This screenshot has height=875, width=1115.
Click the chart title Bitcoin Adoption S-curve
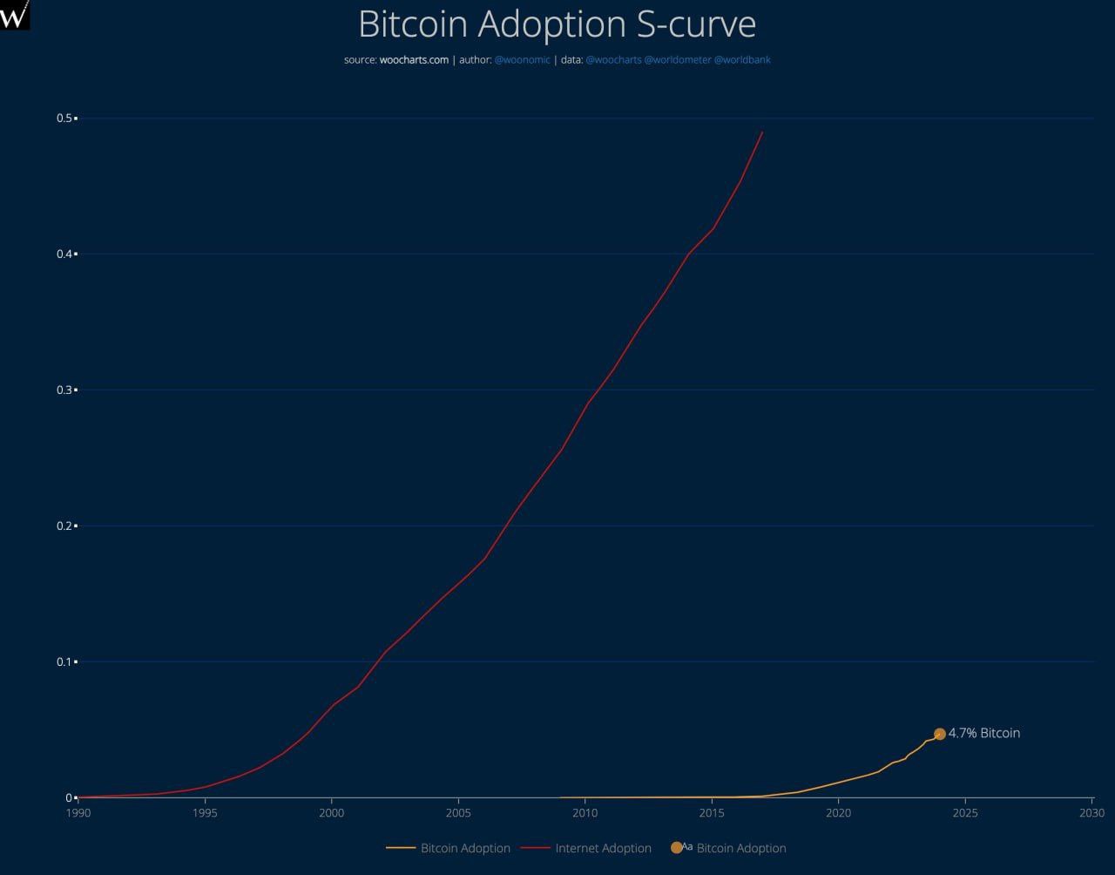click(557, 24)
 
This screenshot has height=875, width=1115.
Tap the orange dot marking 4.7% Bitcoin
click(940, 734)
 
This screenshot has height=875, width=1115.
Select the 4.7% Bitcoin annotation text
click(984, 733)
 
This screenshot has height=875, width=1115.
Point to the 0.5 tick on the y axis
click(64, 118)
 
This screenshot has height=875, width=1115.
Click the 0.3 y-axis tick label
click(64, 390)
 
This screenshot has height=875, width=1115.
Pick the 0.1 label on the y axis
click(64, 661)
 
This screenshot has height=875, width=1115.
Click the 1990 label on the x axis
click(78, 813)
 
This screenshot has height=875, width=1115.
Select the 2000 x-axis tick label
click(332, 813)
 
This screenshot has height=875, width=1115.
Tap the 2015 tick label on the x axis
click(712, 813)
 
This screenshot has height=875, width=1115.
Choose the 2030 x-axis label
click(1091, 813)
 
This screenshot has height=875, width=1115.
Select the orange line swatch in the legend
click(401, 848)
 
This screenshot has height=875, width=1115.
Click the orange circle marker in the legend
click(676, 847)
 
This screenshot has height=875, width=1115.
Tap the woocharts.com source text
click(414, 59)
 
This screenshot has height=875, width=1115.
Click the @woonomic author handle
click(523, 60)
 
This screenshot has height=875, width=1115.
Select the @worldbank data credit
click(742, 60)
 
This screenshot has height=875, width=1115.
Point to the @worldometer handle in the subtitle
click(678, 60)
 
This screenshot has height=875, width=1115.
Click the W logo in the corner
click(14, 14)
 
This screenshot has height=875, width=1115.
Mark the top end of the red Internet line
click(762, 132)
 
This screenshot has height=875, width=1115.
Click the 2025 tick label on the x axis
click(965, 813)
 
